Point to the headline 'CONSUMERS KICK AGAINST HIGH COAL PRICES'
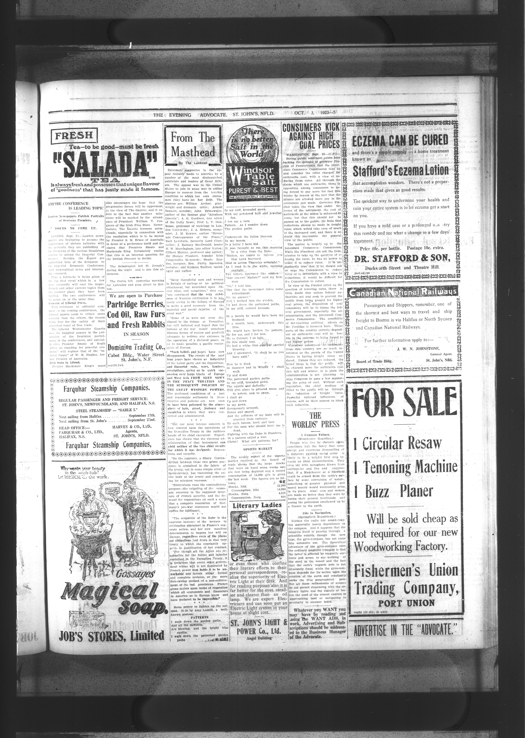coord(311,136)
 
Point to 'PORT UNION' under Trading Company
coord(406,603)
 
